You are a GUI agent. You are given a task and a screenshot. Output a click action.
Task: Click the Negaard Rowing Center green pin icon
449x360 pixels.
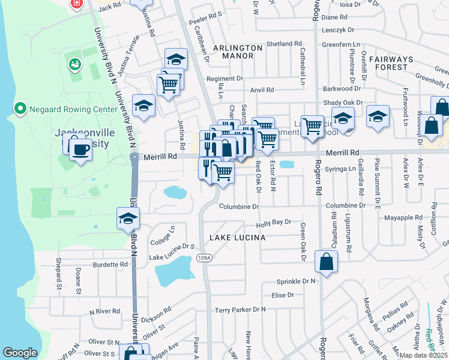(x=20, y=109)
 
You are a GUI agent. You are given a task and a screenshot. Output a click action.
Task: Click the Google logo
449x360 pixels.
(x=20, y=353)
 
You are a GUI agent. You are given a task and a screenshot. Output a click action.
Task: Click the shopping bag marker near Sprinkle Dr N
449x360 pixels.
(x=326, y=262)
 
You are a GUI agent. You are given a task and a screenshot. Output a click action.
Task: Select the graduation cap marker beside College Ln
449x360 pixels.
(x=128, y=219)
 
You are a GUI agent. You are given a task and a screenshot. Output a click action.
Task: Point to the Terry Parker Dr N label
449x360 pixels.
(x=240, y=310)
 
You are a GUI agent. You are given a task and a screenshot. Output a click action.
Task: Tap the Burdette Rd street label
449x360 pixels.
(x=110, y=264)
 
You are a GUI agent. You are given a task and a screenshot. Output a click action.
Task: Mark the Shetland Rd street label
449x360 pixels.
(x=284, y=44)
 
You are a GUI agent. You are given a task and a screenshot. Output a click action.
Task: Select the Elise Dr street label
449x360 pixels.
(x=282, y=295)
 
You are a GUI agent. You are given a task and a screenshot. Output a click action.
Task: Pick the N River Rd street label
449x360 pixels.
(x=105, y=312)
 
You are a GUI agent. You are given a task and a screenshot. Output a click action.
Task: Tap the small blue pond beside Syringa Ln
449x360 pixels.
(x=286, y=164)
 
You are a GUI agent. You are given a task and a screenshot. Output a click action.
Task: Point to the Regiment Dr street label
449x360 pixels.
(x=224, y=79)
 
